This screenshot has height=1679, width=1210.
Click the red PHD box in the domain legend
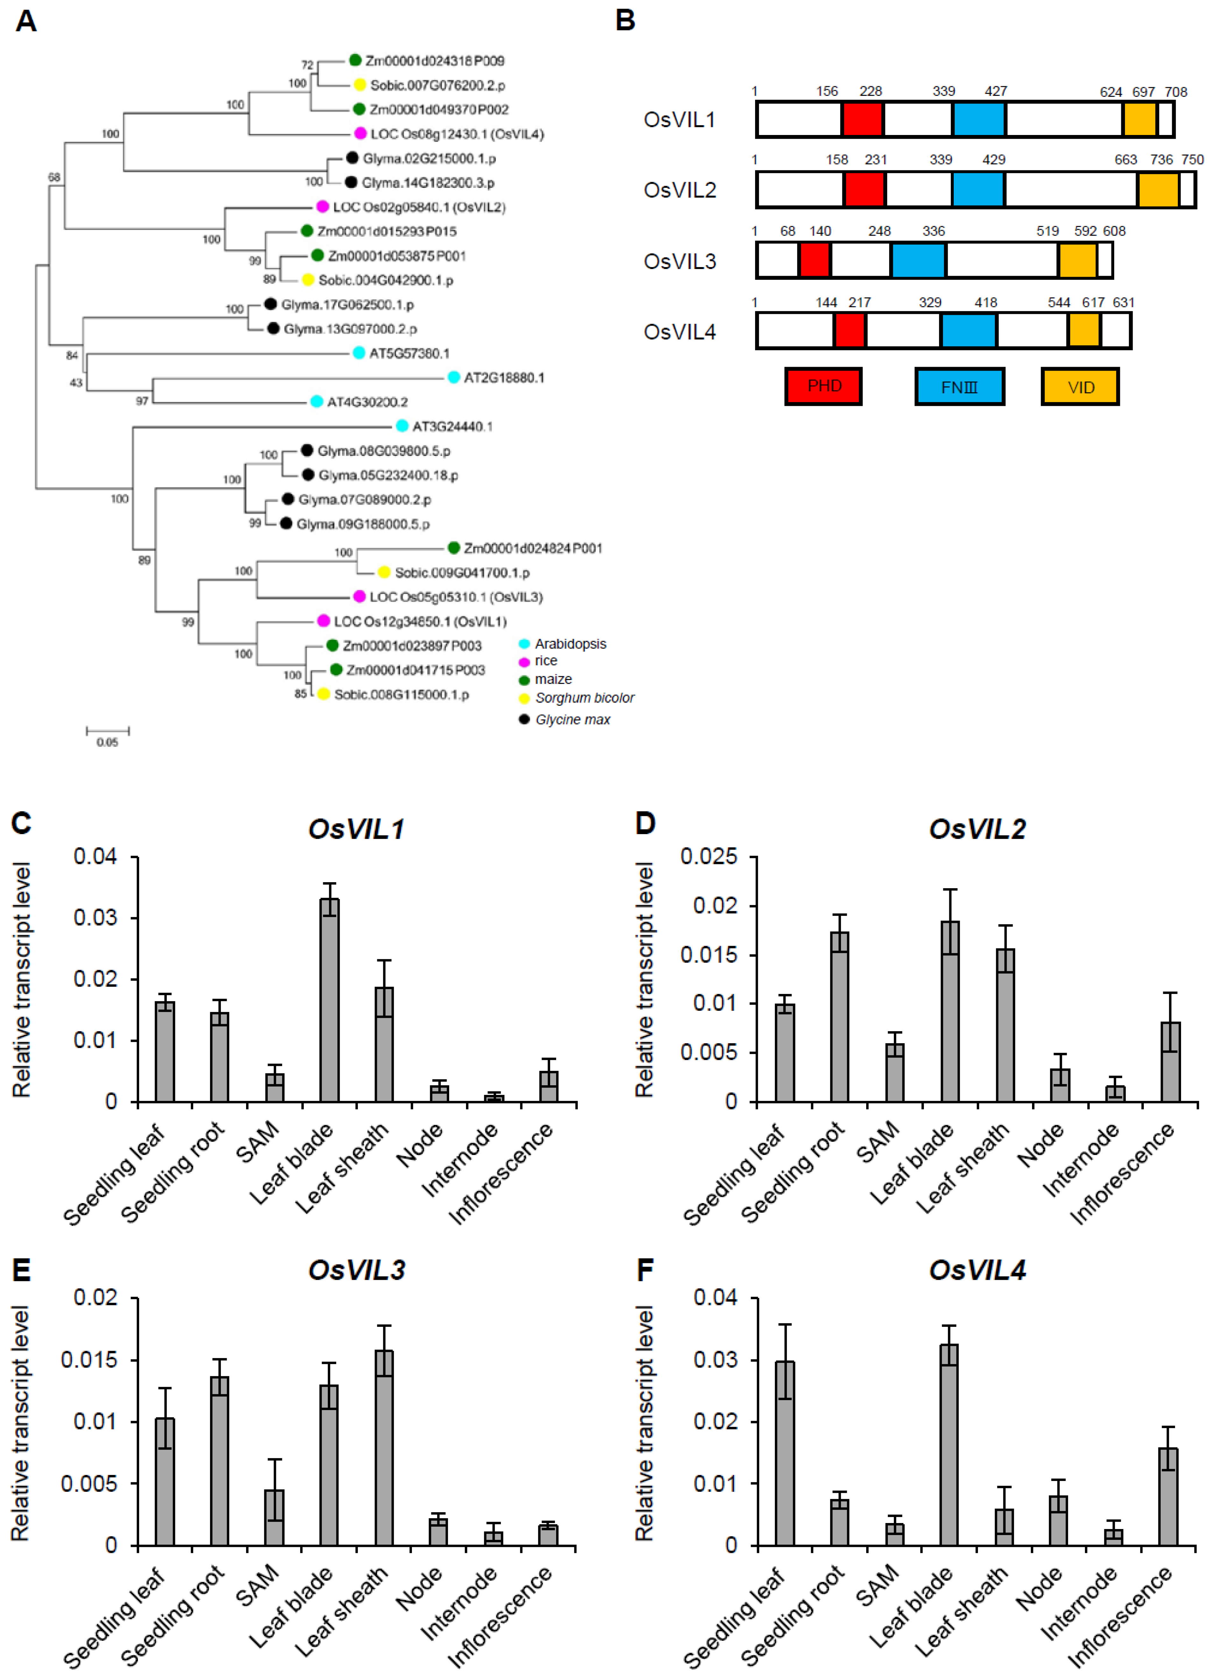[x=824, y=386]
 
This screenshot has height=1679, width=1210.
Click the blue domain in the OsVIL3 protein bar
[x=918, y=261]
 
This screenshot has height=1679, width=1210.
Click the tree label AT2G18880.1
[x=504, y=378]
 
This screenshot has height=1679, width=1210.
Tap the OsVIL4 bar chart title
[x=977, y=1270]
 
